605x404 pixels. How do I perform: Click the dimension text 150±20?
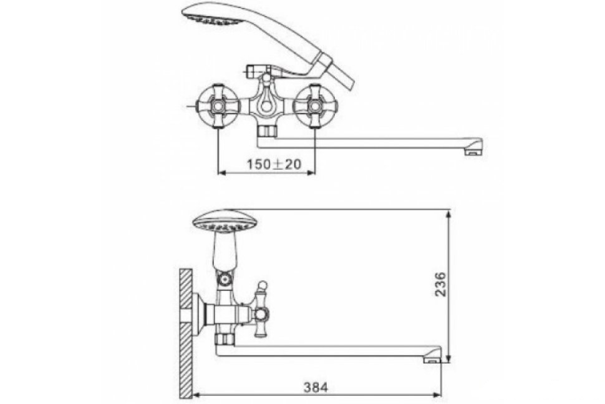pos(274,164)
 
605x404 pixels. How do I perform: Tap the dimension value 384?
pos(316,387)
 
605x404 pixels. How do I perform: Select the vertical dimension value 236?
pos(440,284)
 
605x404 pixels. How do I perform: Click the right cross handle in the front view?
pos(315,106)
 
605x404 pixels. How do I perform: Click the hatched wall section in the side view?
pos(186,333)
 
